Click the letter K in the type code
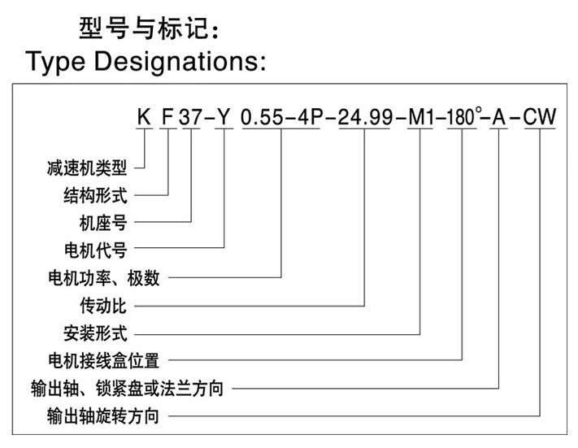pos(144,119)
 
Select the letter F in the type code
pos(167,119)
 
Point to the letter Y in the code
pos(225,119)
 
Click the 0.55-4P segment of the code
pos(281,119)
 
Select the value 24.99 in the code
pos(363,119)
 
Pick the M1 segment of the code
pos(422,119)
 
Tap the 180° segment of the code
pos(462,119)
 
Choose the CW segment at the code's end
pos(539,119)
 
